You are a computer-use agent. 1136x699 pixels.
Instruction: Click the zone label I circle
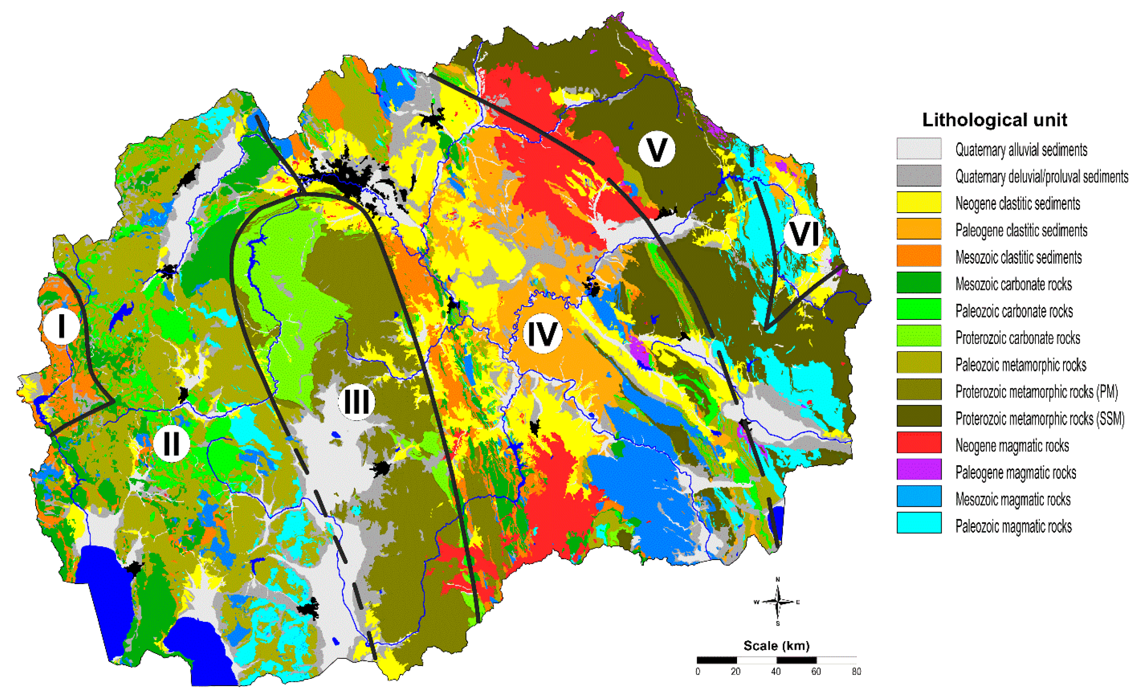(x=61, y=326)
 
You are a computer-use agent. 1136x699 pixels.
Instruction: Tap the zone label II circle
(x=172, y=443)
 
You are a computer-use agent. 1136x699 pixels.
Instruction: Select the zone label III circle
(x=356, y=401)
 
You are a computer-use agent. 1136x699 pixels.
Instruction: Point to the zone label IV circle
(x=542, y=334)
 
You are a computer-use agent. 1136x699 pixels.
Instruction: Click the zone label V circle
(x=656, y=149)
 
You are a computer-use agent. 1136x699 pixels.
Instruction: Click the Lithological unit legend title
(x=994, y=120)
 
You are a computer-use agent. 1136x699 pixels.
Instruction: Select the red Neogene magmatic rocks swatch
(x=918, y=443)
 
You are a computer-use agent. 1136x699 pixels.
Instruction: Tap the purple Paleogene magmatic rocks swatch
(x=918, y=469)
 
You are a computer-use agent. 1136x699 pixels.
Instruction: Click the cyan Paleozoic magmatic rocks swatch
(x=918, y=523)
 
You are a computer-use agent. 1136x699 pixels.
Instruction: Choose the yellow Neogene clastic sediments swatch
(x=918, y=202)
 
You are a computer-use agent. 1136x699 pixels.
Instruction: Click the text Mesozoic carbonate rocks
(x=1013, y=284)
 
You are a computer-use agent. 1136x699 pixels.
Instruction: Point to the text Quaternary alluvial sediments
(x=1021, y=150)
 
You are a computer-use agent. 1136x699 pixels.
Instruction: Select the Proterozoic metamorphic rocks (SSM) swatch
(x=918, y=416)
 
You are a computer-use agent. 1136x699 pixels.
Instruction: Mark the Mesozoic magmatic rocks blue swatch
(x=918, y=496)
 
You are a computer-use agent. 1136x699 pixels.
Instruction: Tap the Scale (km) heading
(x=776, y=645)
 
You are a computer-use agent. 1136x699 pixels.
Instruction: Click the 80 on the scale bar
(x=856, y=671)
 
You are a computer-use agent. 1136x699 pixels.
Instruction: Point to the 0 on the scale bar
(x=698, y=671)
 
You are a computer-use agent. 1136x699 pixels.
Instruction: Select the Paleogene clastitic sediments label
(x=1021, y=230)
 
